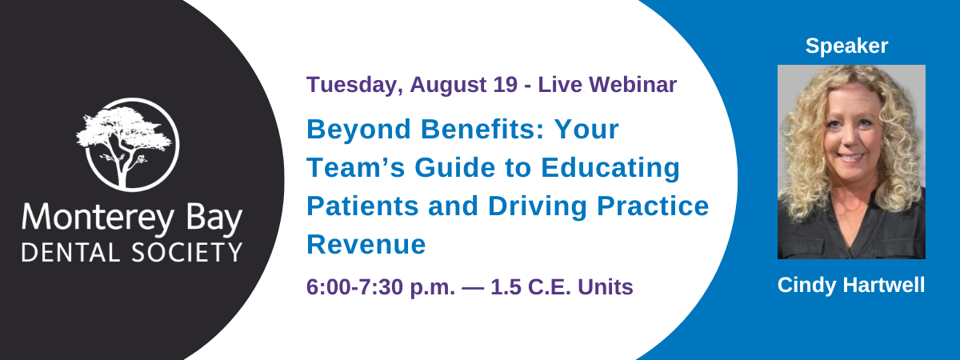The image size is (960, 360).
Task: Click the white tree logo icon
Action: point(128,145)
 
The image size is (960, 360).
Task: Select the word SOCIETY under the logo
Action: point(187,253)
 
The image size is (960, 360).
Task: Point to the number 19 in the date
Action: point(505,84)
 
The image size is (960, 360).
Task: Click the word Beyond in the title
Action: point(358,130)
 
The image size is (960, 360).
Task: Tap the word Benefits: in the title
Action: point(482,129)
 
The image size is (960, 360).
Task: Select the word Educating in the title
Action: point(610,168)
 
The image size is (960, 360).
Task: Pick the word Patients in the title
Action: point(362,206)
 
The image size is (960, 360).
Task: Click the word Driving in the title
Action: point(538,206)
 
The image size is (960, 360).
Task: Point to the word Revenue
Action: point(366,245)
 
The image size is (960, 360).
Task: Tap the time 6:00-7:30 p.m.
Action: point(381,287)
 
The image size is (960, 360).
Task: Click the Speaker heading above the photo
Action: point(846,46)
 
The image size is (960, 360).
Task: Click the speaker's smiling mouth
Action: point(850,158)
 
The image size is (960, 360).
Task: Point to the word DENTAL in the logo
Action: point(70,253)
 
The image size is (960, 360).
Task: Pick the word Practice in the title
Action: point(653,206)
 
